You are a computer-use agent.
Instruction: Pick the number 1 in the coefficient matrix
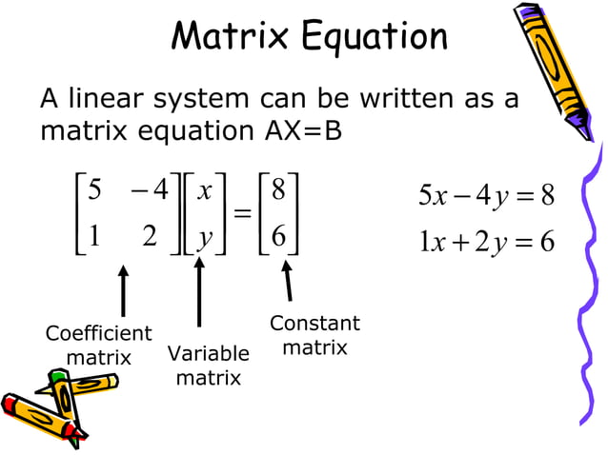pyautogui.click(x=93, y=238)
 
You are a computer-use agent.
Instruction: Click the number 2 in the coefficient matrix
pyautogui.click(x=150, y=238)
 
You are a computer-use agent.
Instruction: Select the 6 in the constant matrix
pyautogui.click(x=278, y=238)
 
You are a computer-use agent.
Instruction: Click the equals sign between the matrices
pyautogui.click(x=242, y=215)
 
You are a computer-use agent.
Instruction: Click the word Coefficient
pyautogui.click(x=98, y=334)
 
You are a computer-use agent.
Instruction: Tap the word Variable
pyautogui.click(x=208, y=354)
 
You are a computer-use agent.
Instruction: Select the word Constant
pyautogui.click(x=314, y=324)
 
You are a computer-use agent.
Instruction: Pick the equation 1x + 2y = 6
pyautogui.click(x=487, y=242)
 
